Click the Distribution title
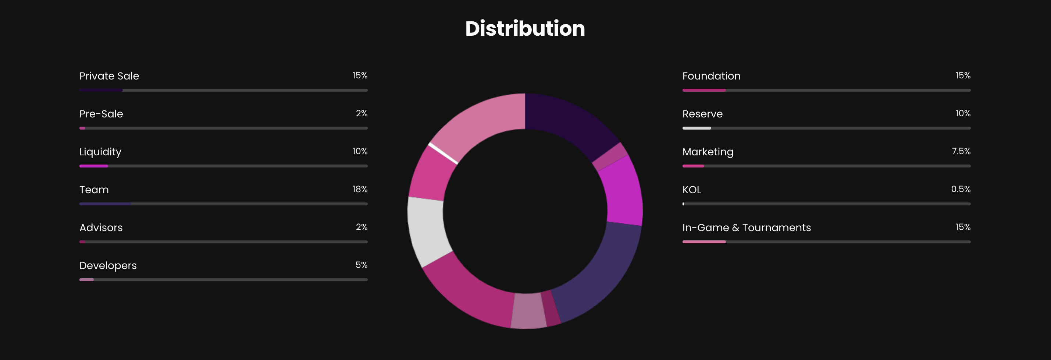click(525, 29)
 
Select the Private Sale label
click(109, 76)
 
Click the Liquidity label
click(100, 152)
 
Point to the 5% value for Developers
click(361, 265)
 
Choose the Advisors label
click(101, 228)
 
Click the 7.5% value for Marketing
click(961, 151)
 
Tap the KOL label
click(692, 190)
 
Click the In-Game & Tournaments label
click(746, 228)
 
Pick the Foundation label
click(711, 76)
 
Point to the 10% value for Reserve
click(963, 113)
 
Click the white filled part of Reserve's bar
click(696, 128)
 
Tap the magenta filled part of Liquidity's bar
click(93, 166)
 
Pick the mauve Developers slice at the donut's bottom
click(528, 311)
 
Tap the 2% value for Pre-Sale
click(361, 113)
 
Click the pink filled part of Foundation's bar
click(704, 90)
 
